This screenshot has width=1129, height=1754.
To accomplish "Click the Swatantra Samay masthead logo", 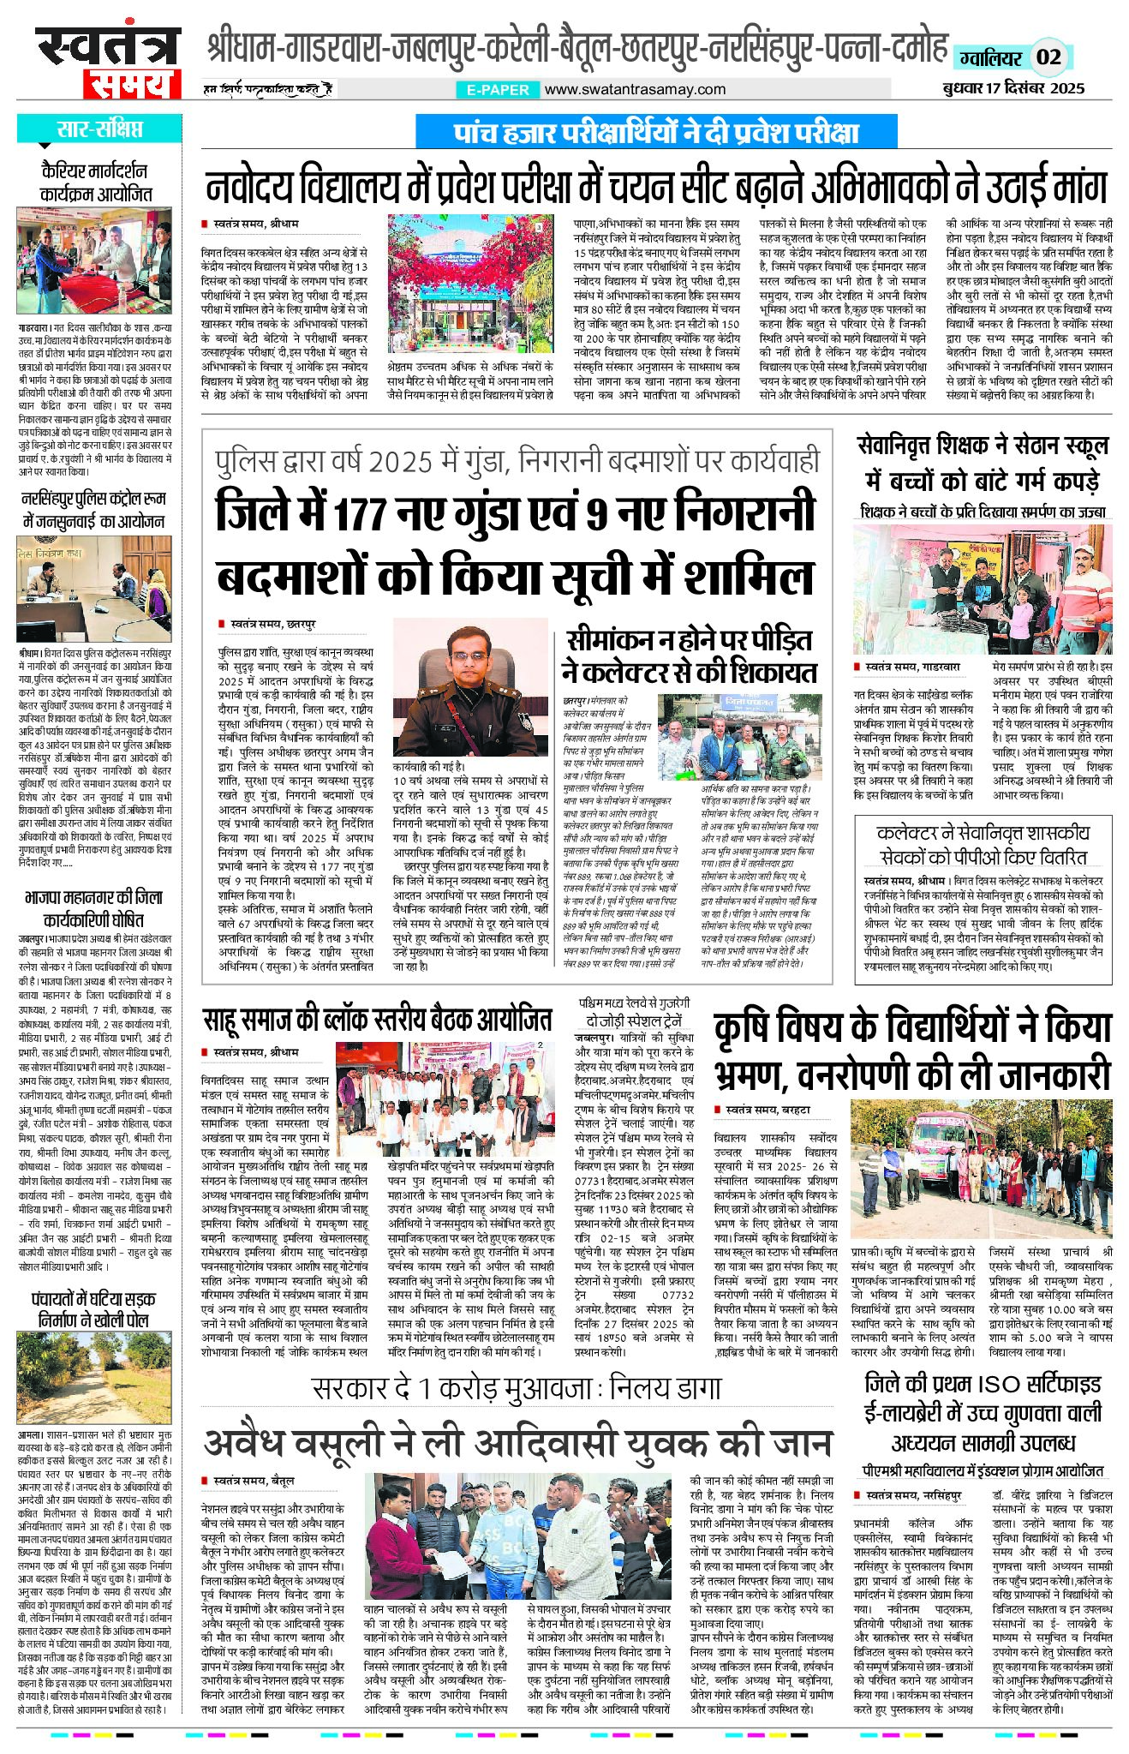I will (x=108, y=62).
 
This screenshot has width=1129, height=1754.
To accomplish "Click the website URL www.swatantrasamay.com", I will (x=635, y=89).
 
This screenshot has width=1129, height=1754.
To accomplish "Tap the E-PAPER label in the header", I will (x=498, y=89).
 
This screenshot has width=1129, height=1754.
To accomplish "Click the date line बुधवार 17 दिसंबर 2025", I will (x=1010, y=87).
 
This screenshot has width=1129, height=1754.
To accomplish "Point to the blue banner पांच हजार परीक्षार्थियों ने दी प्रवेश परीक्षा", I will (x=655, y=133).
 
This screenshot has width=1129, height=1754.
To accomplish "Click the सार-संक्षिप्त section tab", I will (x=99, y=129).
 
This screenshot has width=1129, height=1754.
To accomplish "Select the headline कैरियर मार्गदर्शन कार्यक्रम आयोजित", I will (x=96, y=182).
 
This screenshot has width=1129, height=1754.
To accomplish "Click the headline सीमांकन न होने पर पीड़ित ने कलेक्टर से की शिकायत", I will (x=689, y=656).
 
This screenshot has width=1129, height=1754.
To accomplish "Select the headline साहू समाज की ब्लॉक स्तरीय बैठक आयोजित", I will (x=377, y=1021).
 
